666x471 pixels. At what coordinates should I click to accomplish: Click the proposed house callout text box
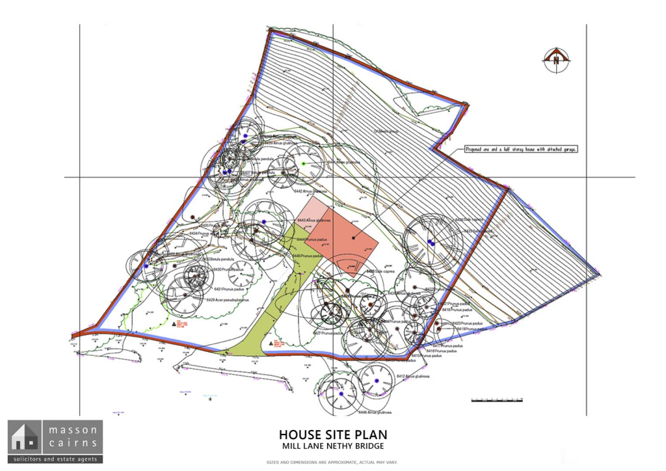pyautogui.click(x=522, y=149)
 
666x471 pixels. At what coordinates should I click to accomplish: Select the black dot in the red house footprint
pyautogui.click(x=353, y=237)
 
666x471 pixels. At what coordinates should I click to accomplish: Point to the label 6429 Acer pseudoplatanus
pyautogui.click(x=229, y=300)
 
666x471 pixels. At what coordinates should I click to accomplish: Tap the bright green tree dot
pyautogui.click(x=303, y=163)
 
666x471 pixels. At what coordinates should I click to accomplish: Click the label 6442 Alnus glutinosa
pyautogui.click(x=310, y=192)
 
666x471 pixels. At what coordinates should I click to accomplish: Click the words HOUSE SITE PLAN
pyautogui.click(x=333, y=433)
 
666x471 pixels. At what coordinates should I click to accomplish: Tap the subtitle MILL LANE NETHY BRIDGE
pyautogui.click(x=333, y=446)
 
